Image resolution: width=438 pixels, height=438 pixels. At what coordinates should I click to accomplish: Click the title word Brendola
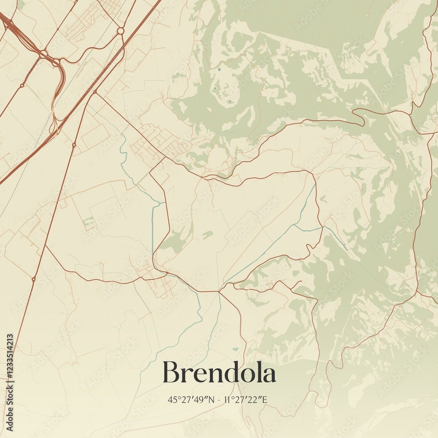[219, 373]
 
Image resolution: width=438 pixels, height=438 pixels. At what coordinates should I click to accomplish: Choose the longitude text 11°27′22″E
[245, 399]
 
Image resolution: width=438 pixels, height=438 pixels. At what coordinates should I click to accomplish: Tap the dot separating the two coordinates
[219, 399]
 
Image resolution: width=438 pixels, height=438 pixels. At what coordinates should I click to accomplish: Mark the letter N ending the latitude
[212, 399]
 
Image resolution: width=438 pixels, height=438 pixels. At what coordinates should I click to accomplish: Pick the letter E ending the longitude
[265, 399]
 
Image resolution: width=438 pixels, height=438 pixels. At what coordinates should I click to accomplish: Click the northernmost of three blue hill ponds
[219, 70]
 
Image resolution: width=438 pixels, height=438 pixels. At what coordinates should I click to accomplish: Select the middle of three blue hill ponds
[215, 89]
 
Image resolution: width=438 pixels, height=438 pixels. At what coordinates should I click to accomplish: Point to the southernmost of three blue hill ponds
[230, 102]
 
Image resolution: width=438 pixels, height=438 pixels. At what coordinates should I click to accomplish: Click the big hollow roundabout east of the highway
[120, 31]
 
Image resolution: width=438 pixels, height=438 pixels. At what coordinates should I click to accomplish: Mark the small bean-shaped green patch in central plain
[208, 235]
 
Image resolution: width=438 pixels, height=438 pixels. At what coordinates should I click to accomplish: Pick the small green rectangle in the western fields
[89, 222]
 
